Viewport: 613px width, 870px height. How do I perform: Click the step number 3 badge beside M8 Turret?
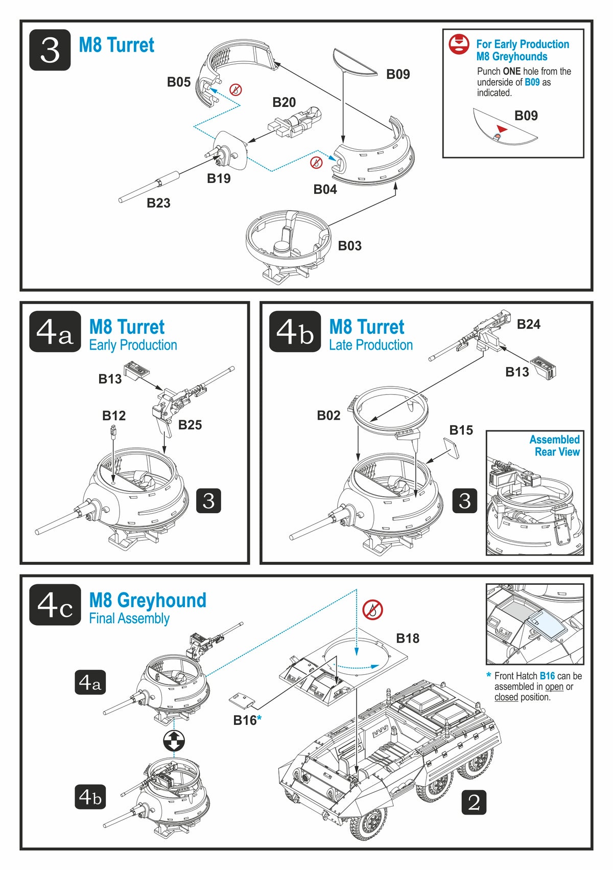[x=50, y=50]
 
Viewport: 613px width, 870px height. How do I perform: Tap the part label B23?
[x=158, y=203]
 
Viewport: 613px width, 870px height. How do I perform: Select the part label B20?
[x=284, y=102]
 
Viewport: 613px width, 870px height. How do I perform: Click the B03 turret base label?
[x=349, y=246]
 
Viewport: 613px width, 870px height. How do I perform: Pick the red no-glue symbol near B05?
[x=235, y=90]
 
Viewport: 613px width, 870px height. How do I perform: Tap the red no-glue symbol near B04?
[x=317, y=163]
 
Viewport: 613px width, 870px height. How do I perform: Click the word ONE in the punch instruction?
[x=511, y=72]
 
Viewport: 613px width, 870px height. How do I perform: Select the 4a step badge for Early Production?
[x=55, y=332]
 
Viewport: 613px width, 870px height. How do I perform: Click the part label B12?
[x=114, y=416]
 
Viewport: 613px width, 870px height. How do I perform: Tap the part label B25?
[x=190, y=425]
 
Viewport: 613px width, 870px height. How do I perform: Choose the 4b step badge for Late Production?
[x=295, y=332]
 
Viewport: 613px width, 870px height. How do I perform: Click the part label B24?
[x=528, y=324]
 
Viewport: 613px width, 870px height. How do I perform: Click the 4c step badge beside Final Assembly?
[x=55, y=605]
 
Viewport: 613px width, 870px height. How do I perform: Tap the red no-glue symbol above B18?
[x=372, y=610]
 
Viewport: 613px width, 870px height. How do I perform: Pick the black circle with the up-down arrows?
[x=174, y=740]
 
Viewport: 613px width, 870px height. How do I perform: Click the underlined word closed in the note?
[x=506, y=697]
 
